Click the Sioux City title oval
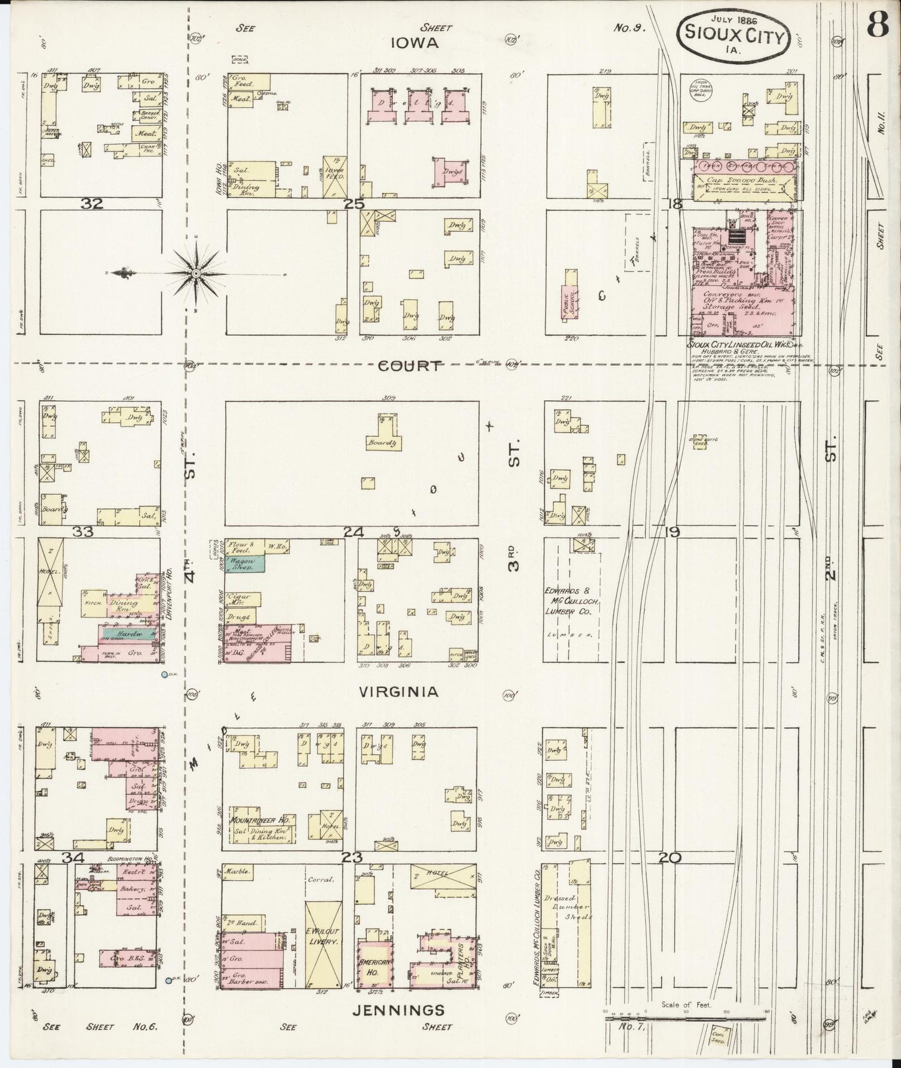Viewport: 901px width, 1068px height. click(x=735, y=32)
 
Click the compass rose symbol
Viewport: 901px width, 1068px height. click(x=196, y=273)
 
